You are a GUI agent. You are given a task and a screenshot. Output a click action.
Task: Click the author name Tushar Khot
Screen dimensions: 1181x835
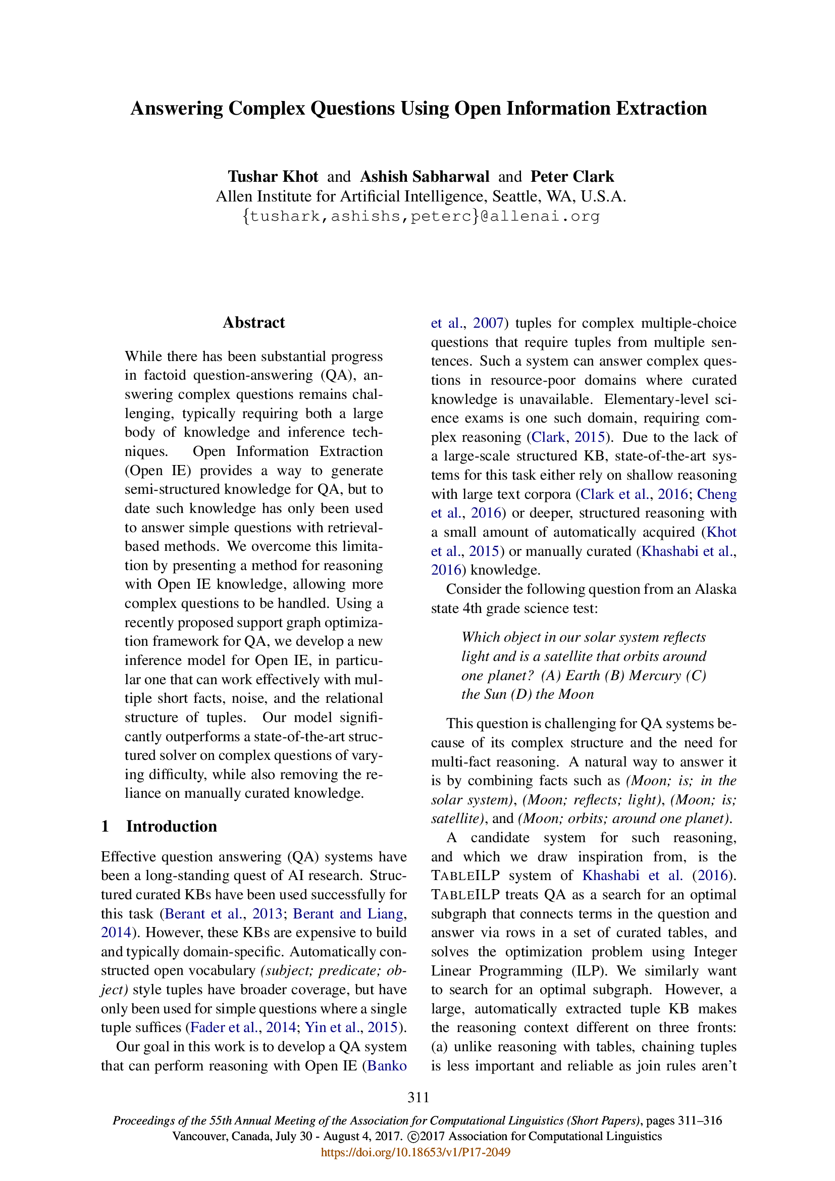[x=273, y=176]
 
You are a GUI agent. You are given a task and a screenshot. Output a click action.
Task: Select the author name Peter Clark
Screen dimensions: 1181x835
[x=572, y=176]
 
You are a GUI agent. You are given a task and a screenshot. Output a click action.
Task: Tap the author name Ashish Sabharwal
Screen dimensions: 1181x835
[x=424, y=176]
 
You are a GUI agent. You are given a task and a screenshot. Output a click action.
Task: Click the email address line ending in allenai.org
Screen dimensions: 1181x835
[x=421, y=216]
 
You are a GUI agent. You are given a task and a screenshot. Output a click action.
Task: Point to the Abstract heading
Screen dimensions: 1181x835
[x=253, y=323]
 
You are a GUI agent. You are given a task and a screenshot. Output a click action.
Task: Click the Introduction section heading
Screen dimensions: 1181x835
[x=171, y=826]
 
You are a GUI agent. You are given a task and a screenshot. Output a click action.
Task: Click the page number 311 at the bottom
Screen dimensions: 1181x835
[x=418, y=1097]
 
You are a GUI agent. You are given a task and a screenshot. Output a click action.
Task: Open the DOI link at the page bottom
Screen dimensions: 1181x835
[x=415, y=1152]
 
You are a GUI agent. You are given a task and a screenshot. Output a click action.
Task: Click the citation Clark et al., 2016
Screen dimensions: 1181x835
[x=634, y=494]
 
